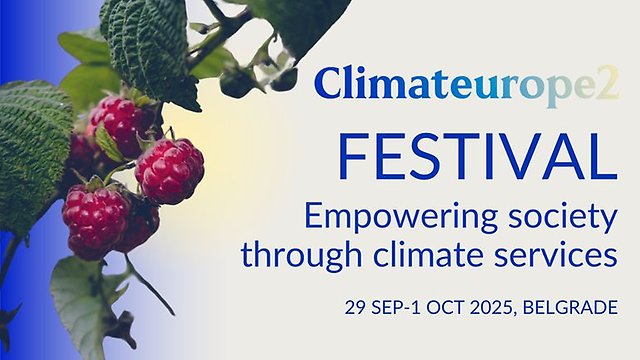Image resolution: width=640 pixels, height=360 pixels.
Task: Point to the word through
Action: tap(299, 255)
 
